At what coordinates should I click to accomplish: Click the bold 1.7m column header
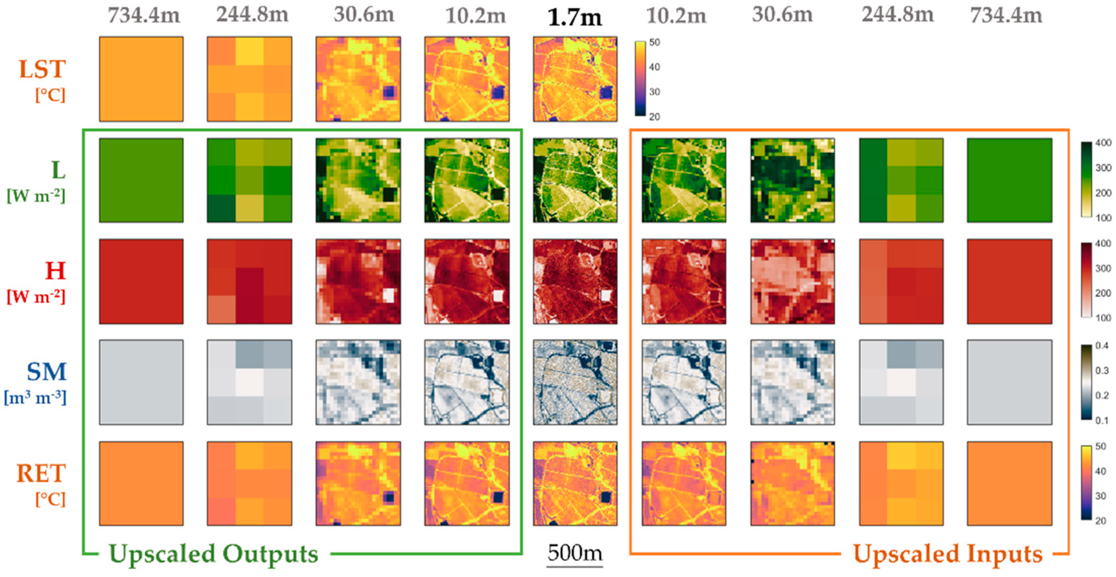pyautogui.click(x=574, y=17)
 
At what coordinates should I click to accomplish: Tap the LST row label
pyautogui.click(x=42, y=69)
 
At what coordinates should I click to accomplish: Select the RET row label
pyautogui.click(x=41, y=473)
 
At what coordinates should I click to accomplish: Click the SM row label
pyautogui.click(x=46, y=371)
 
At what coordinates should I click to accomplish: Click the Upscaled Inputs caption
pyautogui.click(x=947, y=554)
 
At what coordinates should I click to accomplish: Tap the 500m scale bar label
pyautogui.click(x=574, y=553)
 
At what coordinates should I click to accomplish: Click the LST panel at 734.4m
pyautogui.click(x=141, y=79)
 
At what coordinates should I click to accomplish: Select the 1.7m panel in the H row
pyautogui.click(x=575, y=281)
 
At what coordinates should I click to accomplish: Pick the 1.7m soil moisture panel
pyautogui.click(x=575, y=382)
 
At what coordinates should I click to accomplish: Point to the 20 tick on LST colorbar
pyautogui.click(x=654, y=116)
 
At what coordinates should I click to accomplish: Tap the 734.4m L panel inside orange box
pyautogui.click(x=1009, y=180)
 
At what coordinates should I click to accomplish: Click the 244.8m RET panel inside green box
pyautogui.click(x=250, y=483)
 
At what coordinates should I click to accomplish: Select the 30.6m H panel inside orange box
pyautogui.click(x=792, y=281)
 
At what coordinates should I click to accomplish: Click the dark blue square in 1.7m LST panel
pyautogui.click(x=606, y=93)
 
